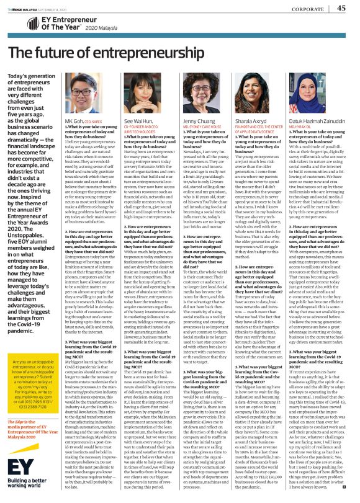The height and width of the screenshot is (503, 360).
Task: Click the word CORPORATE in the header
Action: [x=308, y=9]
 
